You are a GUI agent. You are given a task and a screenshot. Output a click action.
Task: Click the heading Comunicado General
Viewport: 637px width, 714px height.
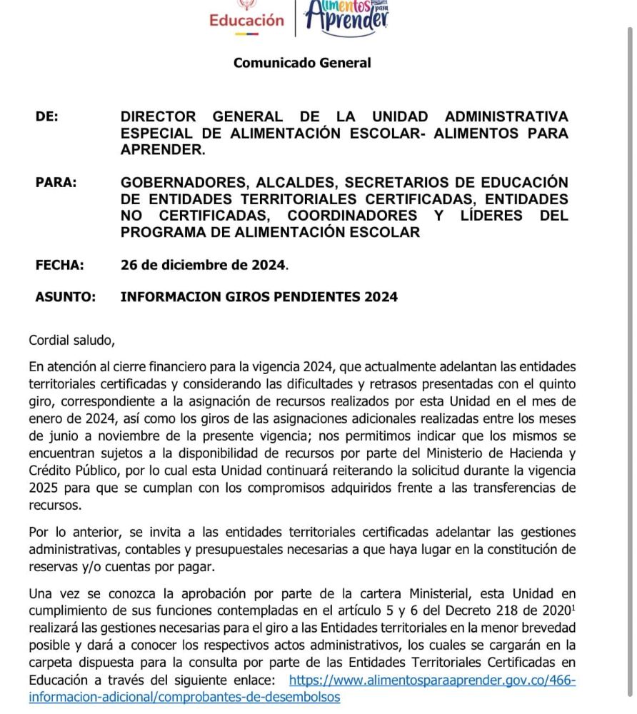pos(302,63)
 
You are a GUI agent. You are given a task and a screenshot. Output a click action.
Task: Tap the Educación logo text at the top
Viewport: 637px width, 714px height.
pos(246,21)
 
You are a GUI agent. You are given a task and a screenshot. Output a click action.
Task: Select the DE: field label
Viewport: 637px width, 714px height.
pos(47,116)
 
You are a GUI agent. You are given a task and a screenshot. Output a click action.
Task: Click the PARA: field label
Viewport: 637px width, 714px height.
pos(56,182)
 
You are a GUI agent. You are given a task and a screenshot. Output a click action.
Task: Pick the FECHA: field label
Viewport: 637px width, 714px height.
pos(59,265)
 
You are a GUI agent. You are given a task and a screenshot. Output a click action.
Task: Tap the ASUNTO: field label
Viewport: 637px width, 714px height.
pos(65,297)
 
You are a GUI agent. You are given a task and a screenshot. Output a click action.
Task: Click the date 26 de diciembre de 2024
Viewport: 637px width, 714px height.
pos(204,265)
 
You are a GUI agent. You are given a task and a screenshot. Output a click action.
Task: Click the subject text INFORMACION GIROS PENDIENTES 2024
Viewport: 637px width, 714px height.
pos(259,297)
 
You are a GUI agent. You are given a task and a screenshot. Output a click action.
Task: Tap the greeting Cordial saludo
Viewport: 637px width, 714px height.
pos(71,341)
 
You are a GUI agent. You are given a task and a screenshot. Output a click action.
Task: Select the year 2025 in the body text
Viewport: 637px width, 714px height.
pos(44,487)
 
